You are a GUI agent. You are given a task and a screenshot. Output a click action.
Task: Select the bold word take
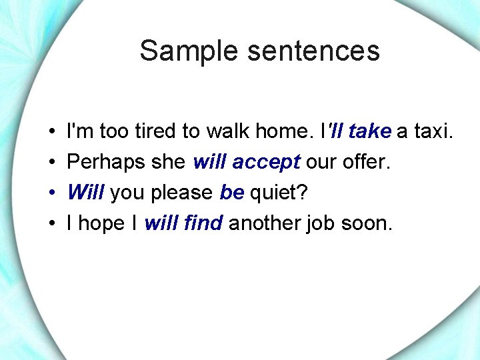369,131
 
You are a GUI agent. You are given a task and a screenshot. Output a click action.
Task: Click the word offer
365,162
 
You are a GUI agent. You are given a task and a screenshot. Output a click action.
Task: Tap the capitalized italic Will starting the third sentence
85,193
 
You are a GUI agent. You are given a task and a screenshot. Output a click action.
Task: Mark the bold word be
231,193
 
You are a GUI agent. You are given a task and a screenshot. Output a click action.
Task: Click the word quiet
279,193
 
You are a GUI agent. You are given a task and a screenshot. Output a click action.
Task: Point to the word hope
101,224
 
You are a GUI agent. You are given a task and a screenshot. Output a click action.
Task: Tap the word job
321,224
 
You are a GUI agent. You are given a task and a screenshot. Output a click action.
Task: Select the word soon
367,223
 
